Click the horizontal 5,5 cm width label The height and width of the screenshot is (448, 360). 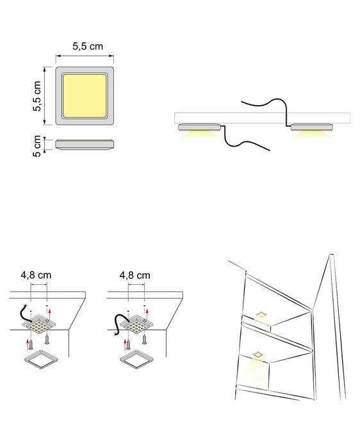point(87,46)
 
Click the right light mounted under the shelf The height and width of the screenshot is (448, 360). point(312,127)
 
